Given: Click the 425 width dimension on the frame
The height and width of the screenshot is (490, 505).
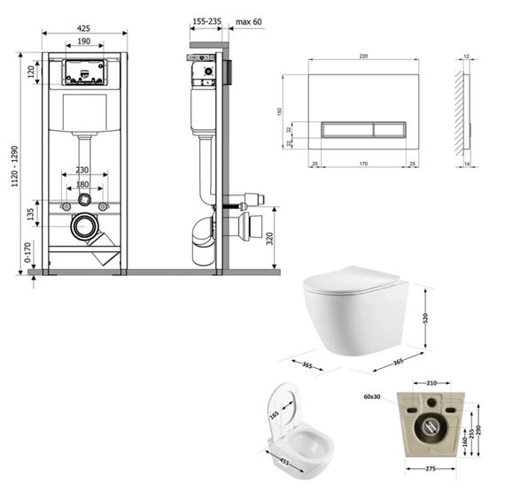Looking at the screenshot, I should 84,27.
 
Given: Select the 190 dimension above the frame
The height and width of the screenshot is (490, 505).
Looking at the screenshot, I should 84,42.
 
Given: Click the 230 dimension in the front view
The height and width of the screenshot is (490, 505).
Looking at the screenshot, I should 82,171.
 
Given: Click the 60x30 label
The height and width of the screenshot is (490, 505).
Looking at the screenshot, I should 372,398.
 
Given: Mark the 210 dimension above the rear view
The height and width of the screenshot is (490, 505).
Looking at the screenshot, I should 430,384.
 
